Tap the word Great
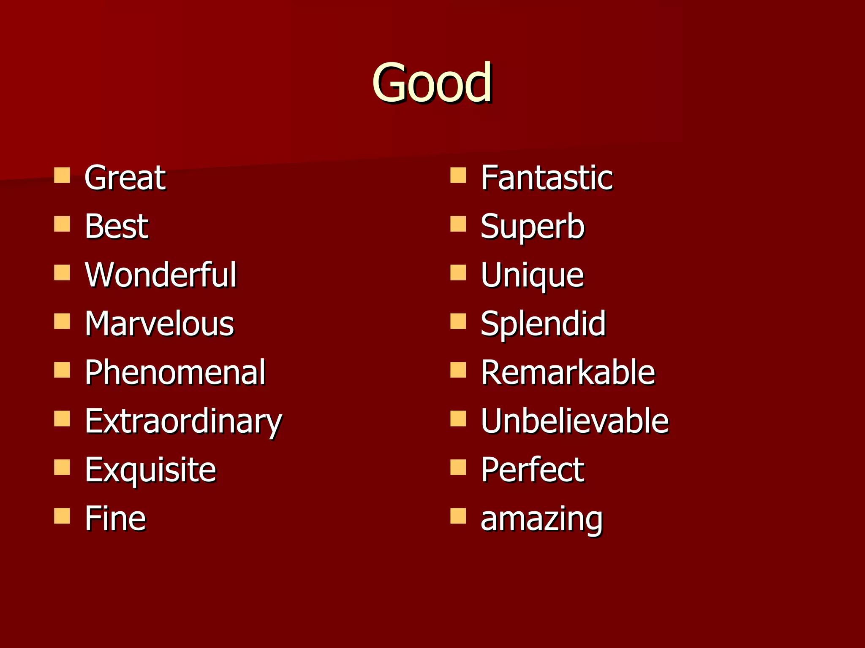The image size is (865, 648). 125,178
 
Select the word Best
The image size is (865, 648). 117,226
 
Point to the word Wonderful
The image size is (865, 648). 160,275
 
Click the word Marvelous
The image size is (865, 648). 159,324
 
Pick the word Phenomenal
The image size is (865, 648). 175,372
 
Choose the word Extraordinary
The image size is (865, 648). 183,421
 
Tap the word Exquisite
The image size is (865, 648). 150,470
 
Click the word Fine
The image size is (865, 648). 115,518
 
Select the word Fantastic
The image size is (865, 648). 547,178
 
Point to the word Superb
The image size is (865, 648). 533,227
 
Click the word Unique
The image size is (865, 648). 532,275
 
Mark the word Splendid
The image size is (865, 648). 543,324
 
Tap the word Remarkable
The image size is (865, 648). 568,372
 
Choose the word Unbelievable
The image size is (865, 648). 575,421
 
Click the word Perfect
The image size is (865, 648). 533,470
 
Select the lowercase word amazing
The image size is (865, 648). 542,519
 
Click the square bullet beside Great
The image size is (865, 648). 62,175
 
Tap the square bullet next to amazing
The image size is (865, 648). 458,516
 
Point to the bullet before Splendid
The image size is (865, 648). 458,321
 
